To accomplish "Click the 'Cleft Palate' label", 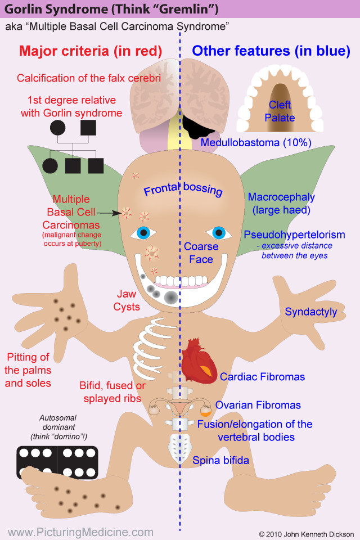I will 280,111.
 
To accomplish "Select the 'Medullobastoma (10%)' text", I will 256,143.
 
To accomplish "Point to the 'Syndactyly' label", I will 310,312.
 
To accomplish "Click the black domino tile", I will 57,462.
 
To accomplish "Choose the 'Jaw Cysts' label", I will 127,300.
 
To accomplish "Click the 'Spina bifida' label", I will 221,461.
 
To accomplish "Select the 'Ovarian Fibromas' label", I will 258,405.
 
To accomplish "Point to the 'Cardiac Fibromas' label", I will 262,377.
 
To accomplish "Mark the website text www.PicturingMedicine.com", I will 80,532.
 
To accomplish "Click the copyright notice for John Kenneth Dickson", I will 306,533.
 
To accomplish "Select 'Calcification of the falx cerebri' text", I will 89,78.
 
